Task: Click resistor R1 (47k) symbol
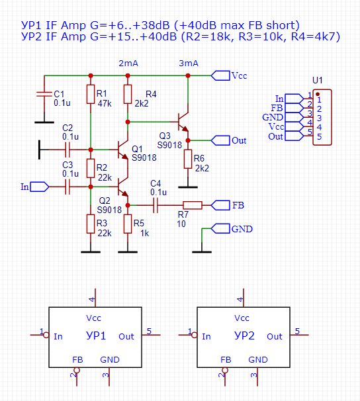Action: click(x=90, y=94)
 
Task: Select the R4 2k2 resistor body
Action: click(x=128, y=94)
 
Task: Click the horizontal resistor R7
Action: click(x=193, y=205)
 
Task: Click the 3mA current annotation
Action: click(x=189, y=63)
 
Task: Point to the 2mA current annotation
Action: click(x=128, y=63)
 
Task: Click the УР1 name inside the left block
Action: click(x=96, y=336)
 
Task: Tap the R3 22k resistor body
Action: click(x=90, y=224)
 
